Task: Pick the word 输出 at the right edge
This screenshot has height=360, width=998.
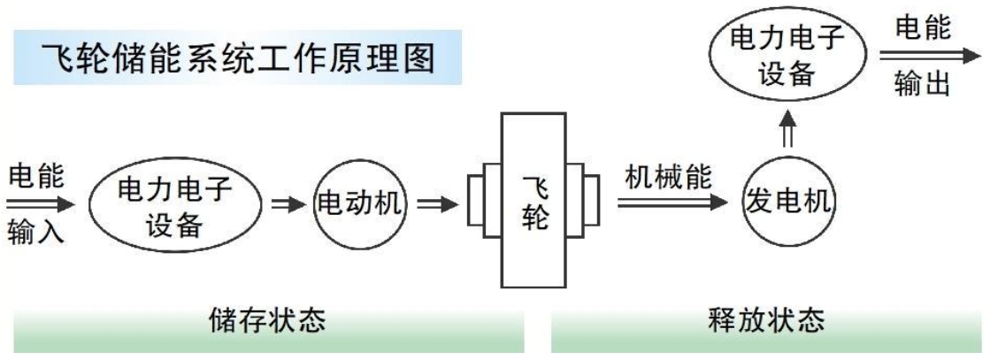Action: pyautogui.click(x=924, y=85)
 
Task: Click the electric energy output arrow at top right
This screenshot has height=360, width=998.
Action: pyautogui.click(x=929, y=55)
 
